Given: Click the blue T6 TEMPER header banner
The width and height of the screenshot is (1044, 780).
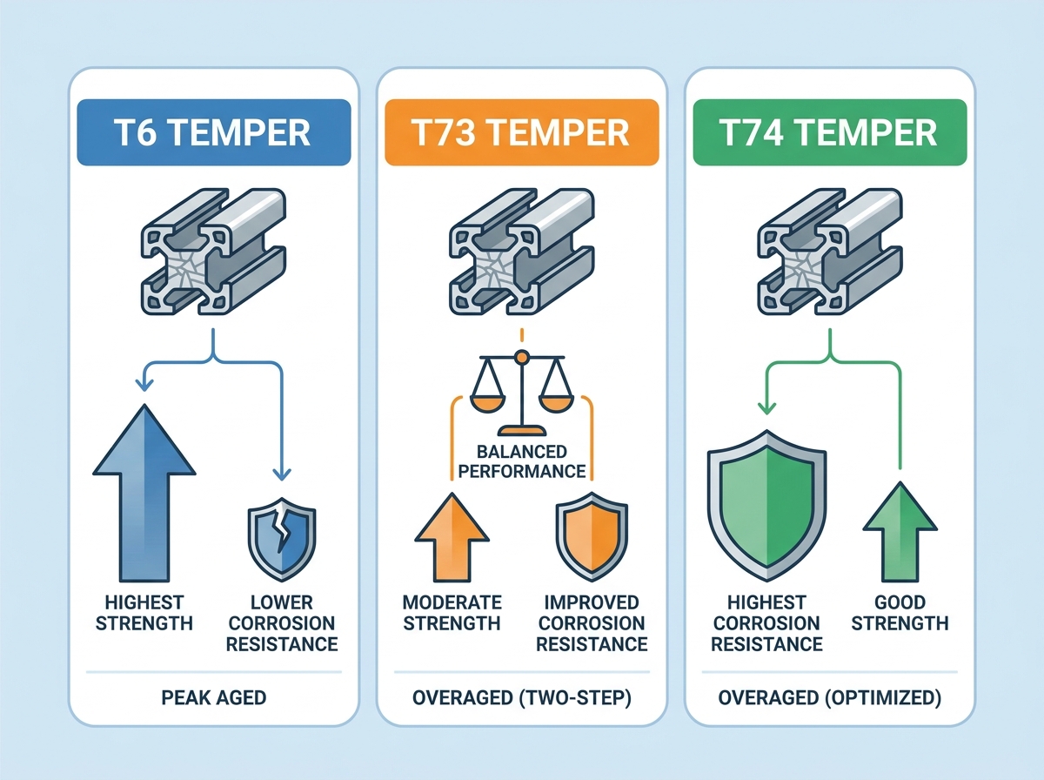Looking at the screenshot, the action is [x=214, y=132].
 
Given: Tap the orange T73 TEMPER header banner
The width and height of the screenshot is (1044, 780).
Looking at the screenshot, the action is [x=522, y=132].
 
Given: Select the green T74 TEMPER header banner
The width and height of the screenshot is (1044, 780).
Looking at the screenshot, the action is [x=830, y=132].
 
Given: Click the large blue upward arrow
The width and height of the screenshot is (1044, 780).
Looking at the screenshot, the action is [x=144, y=493].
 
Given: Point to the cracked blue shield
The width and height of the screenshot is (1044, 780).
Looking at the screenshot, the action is [x=282, y=540].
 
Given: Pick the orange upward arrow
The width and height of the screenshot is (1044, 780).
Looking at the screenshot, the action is [x=452, y=537].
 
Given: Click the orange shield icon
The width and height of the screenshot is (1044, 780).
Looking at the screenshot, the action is [x=592, y=537].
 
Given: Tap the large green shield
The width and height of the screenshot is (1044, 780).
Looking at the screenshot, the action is [x=766, y=506].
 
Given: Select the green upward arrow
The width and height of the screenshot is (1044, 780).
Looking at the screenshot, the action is [x=900, y=532].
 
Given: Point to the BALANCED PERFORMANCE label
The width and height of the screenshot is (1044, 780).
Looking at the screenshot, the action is [x=522, y=461].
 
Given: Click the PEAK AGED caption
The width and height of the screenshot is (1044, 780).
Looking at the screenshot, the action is [x=214, y=697].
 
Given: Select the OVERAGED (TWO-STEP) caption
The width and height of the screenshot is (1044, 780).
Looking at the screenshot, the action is [x=522, y=697].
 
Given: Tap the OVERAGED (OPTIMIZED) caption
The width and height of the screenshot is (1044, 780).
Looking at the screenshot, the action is [x=830, y=697].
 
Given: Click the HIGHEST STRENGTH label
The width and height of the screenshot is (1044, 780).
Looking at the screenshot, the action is [x=144, y=613].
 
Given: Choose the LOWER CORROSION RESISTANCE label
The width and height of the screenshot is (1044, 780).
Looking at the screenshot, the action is [x=282, y=623].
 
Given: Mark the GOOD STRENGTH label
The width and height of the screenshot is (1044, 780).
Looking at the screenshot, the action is [x=900, y=613].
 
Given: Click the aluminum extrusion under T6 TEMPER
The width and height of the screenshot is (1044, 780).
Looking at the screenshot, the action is [x=213, y=252].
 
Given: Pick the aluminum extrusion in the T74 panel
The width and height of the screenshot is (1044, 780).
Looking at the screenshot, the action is [x=830, y=252].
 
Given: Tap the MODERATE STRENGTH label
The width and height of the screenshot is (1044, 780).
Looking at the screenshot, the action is [x=452, y=613].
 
